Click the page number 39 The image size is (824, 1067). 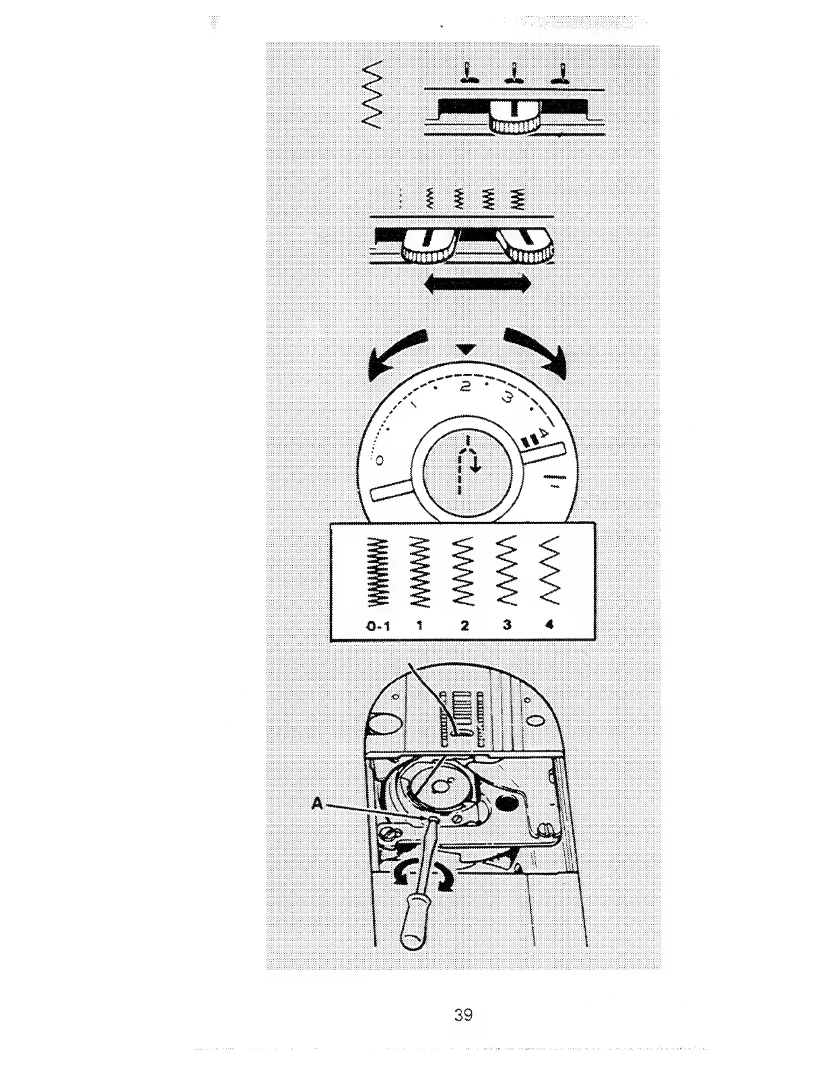pyautogui.click(x=462, y=1014)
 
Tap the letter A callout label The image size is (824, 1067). pyautogui.click(x=318, y=803)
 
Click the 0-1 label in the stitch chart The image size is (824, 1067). pyautogui.click(x=378, y=626)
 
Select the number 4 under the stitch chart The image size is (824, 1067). pyautogui.click(x=549, y=624)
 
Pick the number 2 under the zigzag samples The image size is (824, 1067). pyautogui.click(x=465, y=625)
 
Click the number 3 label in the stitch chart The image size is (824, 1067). pyautogui.click(x=507, y=624)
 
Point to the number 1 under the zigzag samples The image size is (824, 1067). pyautogui.click(x=419, y=625)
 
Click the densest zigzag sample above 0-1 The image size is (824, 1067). pyautogui.click(x=377, y=573)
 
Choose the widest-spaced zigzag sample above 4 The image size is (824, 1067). pyautogui.click(x=551, y=571)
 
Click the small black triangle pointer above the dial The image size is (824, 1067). pyautogui.click(x=466, y=350)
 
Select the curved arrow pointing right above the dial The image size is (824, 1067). pyautogui.click(x=536, y=350)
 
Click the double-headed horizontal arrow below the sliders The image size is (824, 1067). pyautogui.click(x=477, y=285)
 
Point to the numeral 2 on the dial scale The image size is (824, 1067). pyautogui.click(x=465, y=387)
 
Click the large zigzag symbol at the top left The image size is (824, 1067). pyautogui.click(x=373, y=94)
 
